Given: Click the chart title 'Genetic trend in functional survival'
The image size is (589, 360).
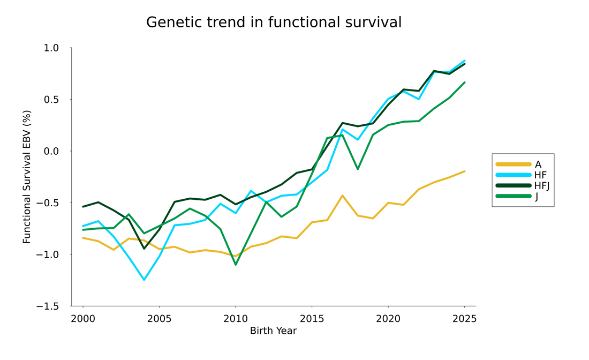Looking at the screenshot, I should point(274,22).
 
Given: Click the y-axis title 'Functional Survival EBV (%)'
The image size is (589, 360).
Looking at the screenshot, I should point(27,177).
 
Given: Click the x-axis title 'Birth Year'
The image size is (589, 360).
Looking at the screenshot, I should point(273,331).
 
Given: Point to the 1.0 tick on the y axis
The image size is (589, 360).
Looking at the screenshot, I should point(51,48).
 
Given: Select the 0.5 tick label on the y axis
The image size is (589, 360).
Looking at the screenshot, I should point(51,100).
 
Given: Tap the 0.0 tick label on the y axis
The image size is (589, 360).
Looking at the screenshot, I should point(51,151).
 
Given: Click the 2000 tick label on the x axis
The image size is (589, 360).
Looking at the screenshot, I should point(83,319).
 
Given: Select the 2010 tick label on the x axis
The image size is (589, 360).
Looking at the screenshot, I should point(236,319).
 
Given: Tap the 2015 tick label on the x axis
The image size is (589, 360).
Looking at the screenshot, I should point(312,319).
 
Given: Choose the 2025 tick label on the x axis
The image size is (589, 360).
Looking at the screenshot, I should point(464,319).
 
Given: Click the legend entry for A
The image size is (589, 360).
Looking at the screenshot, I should point(538,164).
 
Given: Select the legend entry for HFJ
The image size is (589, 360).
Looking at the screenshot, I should point(542,186).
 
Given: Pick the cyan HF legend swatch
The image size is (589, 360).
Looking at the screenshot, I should point(514,175).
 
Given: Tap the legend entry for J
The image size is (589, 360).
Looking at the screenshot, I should point(536,197).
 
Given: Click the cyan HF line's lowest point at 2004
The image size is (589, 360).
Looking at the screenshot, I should point(144,280).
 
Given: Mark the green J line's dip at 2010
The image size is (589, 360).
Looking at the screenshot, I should point(236,265).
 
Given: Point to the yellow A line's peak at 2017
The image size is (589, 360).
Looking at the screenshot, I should point(342,196).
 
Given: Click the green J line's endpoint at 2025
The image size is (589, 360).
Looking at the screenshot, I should point(464,82).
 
